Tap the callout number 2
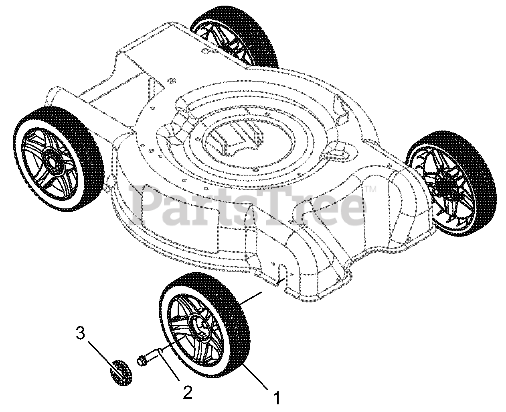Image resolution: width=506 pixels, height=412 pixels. click(x=187, y=392)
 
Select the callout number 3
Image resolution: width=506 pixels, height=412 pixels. click(x=81, y=333)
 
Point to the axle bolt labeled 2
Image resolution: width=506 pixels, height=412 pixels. click(x=152, y=355)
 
